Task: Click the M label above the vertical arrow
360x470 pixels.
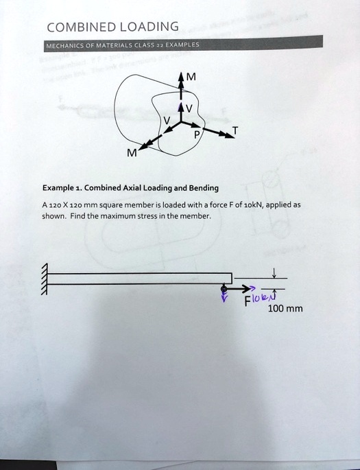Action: (191, 77)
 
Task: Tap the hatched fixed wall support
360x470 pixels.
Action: (46, 279)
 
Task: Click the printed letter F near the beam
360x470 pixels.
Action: (248, 301)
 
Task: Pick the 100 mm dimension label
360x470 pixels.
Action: (285, 309)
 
